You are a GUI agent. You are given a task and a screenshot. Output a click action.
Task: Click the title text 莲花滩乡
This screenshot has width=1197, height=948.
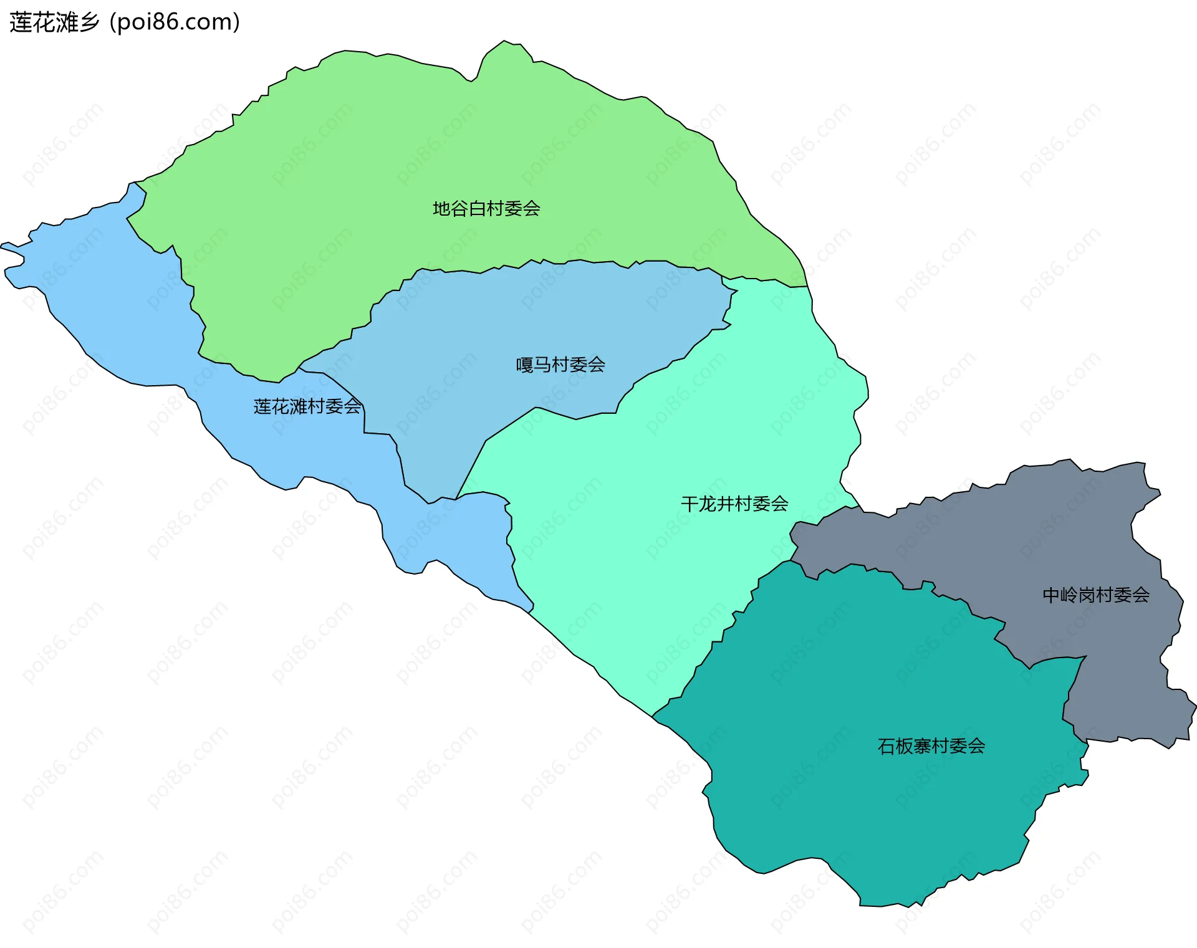tap(54, 22)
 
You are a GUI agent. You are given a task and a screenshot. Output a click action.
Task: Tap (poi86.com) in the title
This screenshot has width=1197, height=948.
tap(175, 22)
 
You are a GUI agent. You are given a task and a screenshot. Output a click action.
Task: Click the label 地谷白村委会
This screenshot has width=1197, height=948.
tap(486, 208)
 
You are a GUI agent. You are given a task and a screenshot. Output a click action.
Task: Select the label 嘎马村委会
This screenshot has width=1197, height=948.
tap(560, 364)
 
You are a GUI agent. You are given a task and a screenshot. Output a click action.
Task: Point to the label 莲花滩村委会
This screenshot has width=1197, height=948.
tap(307, 406)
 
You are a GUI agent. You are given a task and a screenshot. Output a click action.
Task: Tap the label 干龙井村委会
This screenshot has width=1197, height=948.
tap(734, 504)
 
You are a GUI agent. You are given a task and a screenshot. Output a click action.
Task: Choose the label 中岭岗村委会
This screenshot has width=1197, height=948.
tap(1096, 595)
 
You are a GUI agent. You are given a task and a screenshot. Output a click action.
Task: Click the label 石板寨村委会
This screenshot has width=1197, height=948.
tap(931, 745)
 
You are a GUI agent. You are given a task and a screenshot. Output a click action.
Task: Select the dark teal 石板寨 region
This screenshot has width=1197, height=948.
tap(873, 810)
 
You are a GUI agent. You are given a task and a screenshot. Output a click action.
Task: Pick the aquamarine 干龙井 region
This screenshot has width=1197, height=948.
tap(623, 561)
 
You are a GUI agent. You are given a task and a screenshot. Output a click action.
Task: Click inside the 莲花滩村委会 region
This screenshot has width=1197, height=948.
tap(125, 312)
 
